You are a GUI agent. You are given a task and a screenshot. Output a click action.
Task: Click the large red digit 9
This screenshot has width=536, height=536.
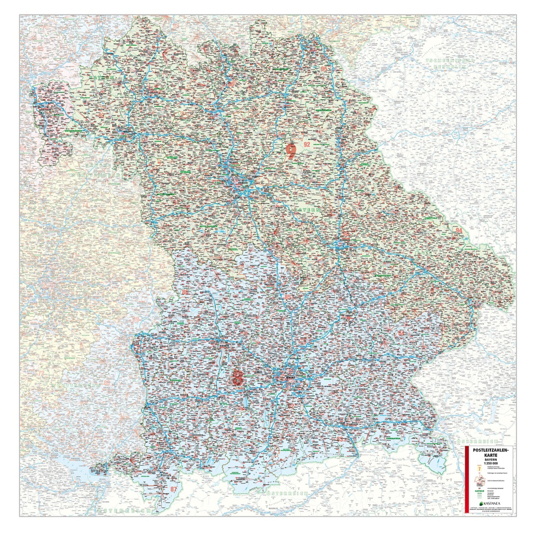point(291,151)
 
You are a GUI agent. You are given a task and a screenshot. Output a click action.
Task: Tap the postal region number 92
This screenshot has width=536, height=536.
point(307,144)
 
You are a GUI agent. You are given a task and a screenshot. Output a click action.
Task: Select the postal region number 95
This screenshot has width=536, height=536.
point(324,69)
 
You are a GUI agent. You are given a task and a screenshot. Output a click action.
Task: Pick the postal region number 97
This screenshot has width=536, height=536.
point(102,116)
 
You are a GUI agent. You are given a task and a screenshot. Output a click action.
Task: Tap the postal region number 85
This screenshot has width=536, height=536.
point(288,297)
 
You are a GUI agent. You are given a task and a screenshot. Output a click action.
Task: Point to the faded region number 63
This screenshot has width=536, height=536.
point(40,48)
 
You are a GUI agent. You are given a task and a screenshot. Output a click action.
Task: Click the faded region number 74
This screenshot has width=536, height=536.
point(85,205)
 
